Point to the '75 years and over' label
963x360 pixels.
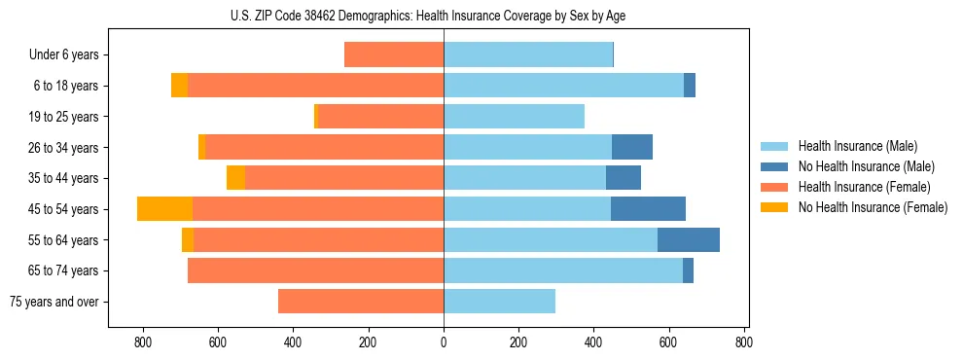click(x=54, y=302)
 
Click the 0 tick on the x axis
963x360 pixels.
click(x=444, y=342)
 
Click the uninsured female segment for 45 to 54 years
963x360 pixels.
click(x=164, y=209)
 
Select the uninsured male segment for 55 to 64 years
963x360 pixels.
click(x=689, y=239)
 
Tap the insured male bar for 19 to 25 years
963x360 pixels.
click(x=514, y=117)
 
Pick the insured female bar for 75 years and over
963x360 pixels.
click(x=361, y=302)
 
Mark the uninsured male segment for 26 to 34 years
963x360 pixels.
click(x=632, y=147)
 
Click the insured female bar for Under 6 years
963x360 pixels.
click(x=394, y=55)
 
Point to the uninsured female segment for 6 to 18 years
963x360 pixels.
click(x=179, y=86)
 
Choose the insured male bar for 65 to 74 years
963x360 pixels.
click(x=563, y=270)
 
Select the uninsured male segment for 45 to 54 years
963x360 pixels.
click(x=648, y=209)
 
